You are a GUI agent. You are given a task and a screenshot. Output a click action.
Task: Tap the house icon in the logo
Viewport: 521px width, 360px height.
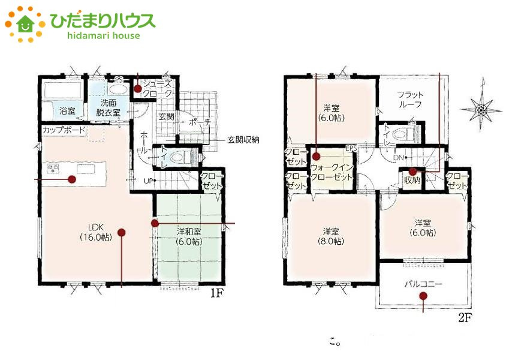(26, 24)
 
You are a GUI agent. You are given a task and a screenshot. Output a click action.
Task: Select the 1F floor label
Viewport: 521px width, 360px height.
(218, 294)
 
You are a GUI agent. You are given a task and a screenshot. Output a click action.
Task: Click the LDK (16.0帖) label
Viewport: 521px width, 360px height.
(92, 232)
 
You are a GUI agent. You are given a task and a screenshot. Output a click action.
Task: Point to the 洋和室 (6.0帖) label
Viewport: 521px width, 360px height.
(189, 236)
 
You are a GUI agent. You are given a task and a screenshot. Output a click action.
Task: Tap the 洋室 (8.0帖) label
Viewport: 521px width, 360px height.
(332, 236)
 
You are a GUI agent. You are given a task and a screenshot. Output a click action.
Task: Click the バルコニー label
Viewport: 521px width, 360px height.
(423, 283)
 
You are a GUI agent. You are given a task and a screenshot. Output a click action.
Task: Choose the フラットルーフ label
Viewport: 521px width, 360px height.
(410, 100)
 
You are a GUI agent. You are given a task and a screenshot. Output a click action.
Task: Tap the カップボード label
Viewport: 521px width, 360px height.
(63, 130)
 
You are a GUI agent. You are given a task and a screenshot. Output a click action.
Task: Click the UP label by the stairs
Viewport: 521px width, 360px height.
(146, 180)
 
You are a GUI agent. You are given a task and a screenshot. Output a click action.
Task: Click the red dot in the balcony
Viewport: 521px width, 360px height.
(423, 296)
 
